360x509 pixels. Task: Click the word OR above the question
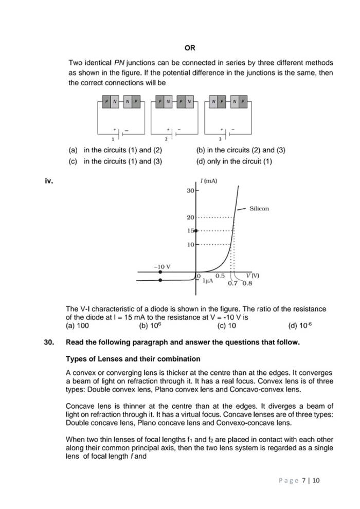190,48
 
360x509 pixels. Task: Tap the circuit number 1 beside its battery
113,139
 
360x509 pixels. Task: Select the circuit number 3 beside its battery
220,139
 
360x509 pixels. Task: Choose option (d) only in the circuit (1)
234,161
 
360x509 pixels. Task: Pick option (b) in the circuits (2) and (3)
241,150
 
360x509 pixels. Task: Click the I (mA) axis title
208,181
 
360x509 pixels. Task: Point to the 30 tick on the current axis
190,191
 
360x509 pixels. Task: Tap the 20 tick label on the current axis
190,217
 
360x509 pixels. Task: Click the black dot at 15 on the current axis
195,230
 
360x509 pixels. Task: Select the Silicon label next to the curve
259,209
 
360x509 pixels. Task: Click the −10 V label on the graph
162,267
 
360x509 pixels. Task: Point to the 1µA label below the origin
208,281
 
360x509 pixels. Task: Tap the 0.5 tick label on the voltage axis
220,276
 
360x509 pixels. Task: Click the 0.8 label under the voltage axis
247,283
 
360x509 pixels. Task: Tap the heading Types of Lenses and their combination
133,358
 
